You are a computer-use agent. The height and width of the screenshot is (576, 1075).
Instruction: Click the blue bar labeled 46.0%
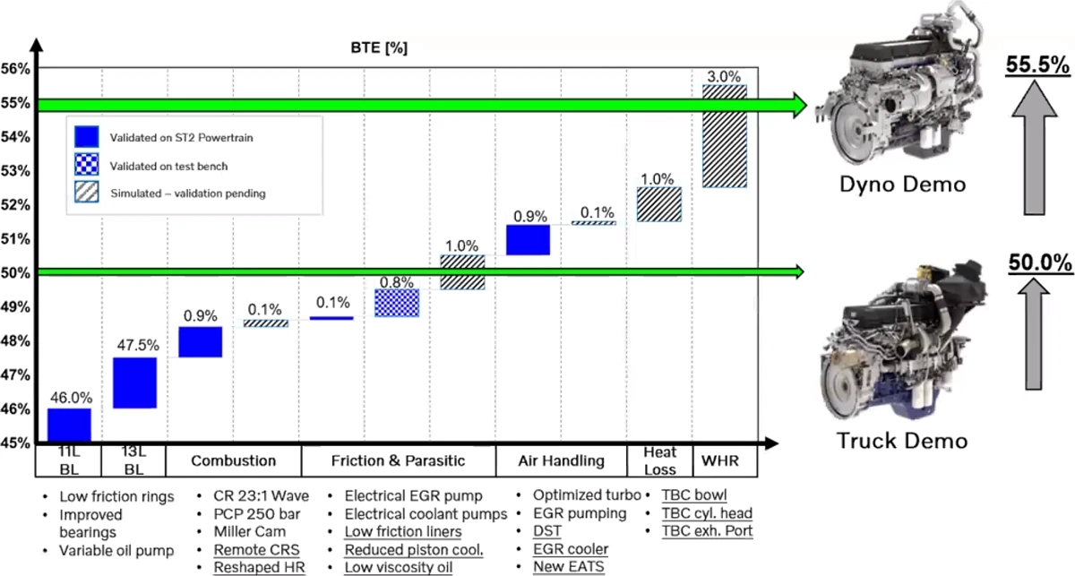[69, 425]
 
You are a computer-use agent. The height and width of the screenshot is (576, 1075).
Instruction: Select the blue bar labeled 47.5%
[135, 383]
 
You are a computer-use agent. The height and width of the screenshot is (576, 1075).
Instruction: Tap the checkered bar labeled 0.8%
[397, 303]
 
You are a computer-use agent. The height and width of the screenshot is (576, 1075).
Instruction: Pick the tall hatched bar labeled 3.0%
[725, 136]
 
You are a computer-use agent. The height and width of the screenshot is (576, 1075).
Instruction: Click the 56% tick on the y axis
[15, 69]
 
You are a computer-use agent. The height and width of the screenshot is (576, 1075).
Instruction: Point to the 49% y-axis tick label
[15, 306]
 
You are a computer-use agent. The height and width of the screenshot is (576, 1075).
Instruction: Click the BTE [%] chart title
[379, 47]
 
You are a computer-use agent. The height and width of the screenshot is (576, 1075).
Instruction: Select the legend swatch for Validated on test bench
[87, 165]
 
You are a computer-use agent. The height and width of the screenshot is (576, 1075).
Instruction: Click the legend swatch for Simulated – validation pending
[87, 192]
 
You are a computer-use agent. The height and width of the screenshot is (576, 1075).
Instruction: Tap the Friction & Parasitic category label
[399, 460]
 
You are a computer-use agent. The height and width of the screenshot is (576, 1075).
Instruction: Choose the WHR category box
[725, 460]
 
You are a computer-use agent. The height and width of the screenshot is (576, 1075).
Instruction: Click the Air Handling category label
[561, 460]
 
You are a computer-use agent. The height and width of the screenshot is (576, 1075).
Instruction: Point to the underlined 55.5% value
[1037, 65]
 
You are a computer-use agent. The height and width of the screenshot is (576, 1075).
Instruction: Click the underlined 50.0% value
[1040, 263]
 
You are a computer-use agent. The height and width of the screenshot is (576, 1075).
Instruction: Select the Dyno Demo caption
[903, 185]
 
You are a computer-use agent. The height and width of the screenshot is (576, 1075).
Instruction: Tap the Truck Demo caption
[902, 441]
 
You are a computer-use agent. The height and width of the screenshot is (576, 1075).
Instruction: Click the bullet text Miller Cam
[250, 532]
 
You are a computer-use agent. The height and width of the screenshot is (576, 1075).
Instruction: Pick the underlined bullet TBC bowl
[694, 494]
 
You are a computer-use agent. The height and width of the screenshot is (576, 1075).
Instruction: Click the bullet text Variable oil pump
[116, 551]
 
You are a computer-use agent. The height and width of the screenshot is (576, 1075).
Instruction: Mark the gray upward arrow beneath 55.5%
[1035, 148]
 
